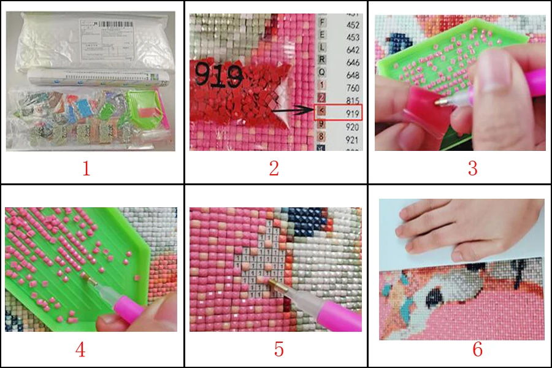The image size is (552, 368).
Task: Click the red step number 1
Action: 86,168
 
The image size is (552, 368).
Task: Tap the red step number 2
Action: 274,168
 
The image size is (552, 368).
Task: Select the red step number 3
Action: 472,168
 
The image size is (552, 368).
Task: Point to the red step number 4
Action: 80,350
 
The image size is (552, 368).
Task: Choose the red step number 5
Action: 279,350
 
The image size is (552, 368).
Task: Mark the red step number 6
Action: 477,350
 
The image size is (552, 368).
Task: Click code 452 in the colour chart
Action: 351,25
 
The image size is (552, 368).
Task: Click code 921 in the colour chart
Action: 351,140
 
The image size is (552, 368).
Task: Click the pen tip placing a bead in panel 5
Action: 271,281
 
